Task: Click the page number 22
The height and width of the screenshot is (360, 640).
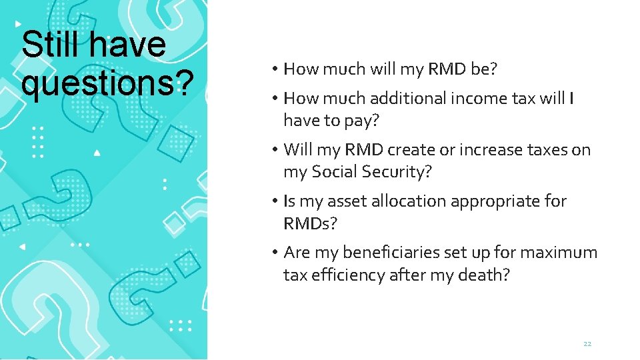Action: coord(587,343)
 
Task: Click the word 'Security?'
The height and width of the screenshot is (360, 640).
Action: coord(397,172)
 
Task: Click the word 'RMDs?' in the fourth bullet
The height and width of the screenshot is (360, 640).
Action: coord(310,223)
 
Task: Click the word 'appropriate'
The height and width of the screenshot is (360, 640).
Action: coord(494,201)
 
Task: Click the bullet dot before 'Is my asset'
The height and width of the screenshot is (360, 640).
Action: coord(275,201)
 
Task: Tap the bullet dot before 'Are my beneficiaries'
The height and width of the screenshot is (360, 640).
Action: coord(275,253)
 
